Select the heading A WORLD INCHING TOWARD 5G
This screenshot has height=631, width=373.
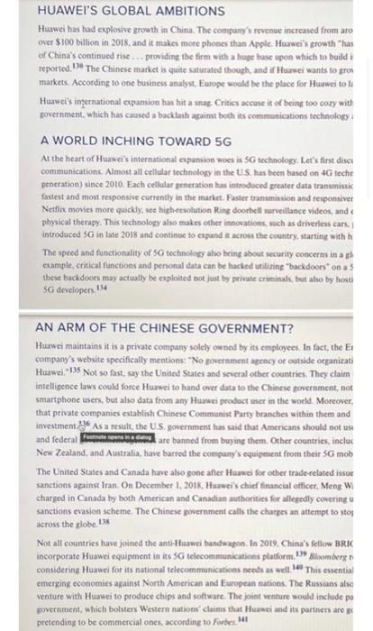pyautogui.click(x=117, y=142)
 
